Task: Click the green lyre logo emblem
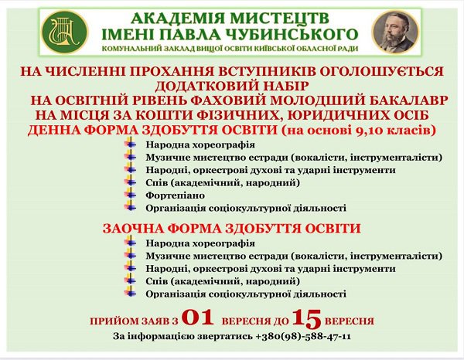65,32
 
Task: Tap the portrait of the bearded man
395,32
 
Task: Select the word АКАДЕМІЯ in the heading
178,19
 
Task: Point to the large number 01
198,318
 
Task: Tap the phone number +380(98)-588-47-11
302,337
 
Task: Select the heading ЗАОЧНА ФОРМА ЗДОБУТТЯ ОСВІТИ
232,229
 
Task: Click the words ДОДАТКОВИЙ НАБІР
232,86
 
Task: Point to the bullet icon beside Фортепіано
130,195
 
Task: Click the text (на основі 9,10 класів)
358,130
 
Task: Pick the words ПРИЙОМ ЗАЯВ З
134,321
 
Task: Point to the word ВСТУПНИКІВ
259,72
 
